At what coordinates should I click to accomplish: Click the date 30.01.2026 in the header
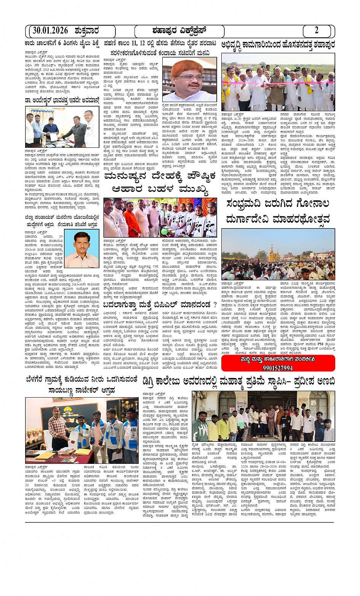(50, 31)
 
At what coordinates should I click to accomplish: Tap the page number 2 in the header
(316, 31)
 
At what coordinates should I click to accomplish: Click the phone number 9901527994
(278, 368)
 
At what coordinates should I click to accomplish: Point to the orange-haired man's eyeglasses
(190, 77)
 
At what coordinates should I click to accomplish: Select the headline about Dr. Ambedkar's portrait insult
(62, 101)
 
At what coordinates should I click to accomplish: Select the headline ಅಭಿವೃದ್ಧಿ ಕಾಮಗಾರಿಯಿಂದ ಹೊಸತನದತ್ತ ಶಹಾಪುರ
(278, 45)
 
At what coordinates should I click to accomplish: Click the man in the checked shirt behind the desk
(58, 428)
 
